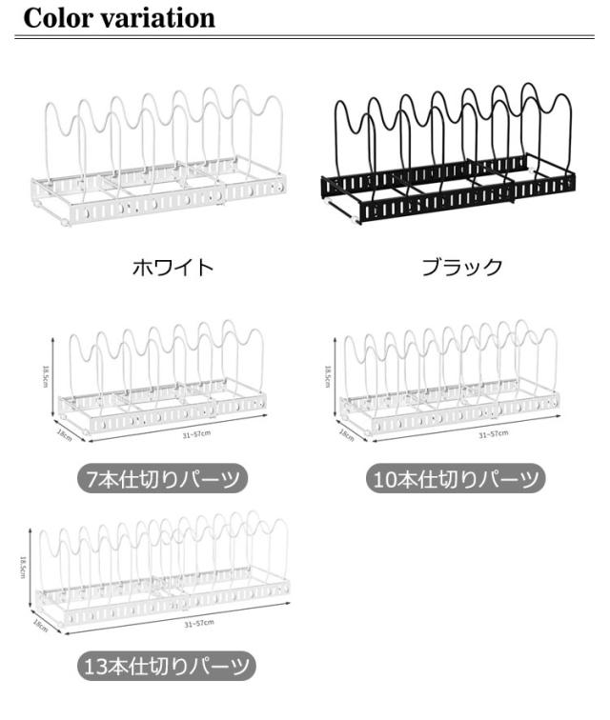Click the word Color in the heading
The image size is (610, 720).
click(57, 17)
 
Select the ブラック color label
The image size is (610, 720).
click(461, 268)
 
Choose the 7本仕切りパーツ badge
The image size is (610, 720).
click(161, 478)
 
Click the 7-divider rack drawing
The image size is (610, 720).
click(162, 381)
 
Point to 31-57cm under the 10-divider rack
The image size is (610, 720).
click(493, 434)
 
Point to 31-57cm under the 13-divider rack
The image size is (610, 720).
click(199, 623)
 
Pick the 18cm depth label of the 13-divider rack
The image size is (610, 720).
click(40, 626)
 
